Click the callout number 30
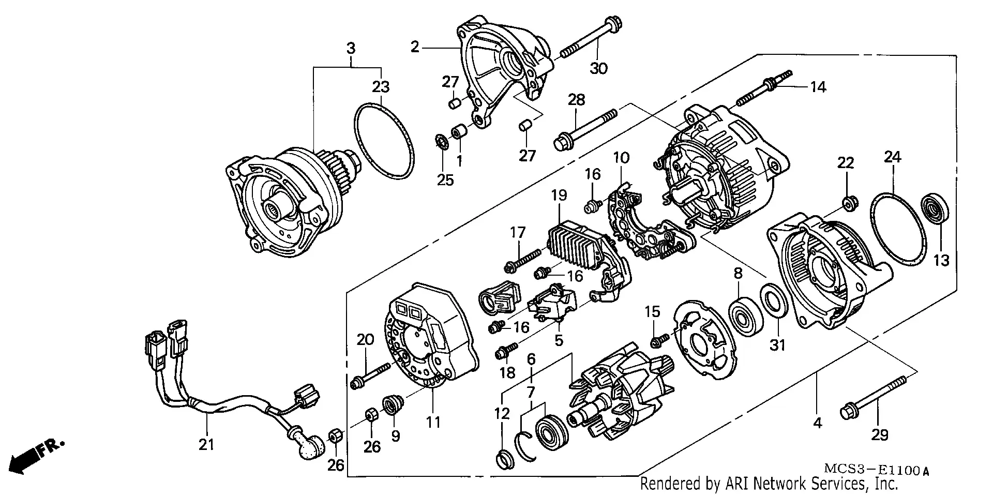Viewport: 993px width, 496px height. coord(598,68)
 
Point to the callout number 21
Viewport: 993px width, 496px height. coord(206,444)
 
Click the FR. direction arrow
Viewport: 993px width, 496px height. coord(36,455)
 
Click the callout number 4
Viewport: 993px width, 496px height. coord(817,423)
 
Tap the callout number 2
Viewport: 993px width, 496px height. coord(414,48)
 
